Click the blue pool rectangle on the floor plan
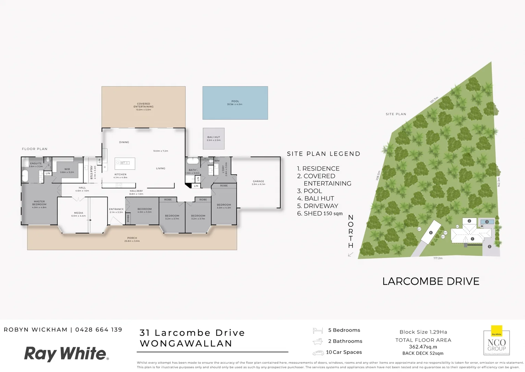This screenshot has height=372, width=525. (235, 103)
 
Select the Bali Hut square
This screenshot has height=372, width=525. (213, 139)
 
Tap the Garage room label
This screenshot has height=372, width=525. (258, 183)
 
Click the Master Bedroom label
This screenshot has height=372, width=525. (39, 204)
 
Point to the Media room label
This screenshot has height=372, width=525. (78, 214)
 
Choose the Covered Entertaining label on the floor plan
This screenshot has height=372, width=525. (144, 106)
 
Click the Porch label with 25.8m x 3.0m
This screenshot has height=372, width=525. (132, 239)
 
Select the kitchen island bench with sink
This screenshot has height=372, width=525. (125, 163)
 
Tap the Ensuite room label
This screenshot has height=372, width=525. (36, 165)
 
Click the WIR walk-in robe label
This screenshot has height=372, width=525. (67, 170)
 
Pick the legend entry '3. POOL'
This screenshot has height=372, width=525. (309, 191)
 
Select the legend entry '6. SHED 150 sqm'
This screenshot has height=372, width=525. (320, 214)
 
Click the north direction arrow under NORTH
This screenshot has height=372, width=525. (350, 255)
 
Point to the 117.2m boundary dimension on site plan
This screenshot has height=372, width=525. (438, 258)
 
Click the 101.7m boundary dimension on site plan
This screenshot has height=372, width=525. (434, 100)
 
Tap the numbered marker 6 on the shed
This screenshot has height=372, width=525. (431, 232)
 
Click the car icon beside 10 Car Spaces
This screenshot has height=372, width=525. (318, 353)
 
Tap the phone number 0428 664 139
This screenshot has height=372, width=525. (99, 330)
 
